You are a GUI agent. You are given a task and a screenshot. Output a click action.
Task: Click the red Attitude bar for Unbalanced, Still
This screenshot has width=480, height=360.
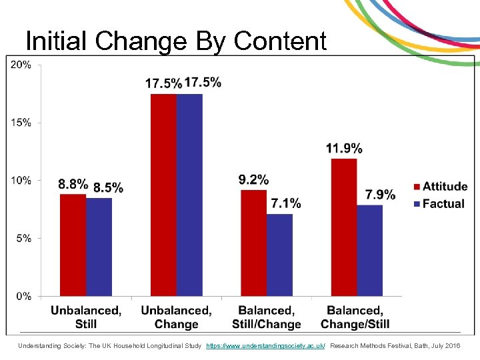pos(73,245)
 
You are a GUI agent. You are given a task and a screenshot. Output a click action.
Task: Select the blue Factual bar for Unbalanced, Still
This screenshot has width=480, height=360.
pos(99,247)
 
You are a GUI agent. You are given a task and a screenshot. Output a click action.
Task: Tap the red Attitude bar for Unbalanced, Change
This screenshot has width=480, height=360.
pos(163,195)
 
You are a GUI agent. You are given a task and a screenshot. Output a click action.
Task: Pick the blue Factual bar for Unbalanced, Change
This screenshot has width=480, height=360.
pos(189,195)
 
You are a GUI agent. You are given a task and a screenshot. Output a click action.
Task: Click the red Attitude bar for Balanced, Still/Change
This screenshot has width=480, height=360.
pos(253,243)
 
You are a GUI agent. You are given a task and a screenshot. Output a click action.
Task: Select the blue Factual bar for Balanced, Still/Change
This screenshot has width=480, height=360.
pos(279,255)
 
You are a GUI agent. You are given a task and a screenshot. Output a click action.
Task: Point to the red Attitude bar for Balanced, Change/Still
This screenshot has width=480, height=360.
pos(343,227)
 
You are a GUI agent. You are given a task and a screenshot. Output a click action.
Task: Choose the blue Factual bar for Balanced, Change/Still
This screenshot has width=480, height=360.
pos(369,250)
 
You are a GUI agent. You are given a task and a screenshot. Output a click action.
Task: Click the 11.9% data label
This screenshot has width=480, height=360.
pos(344,148)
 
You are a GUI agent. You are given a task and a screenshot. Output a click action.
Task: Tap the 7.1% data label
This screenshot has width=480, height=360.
pos(285,203)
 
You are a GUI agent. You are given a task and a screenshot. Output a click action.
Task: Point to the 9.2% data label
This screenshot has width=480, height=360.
pos(253,179)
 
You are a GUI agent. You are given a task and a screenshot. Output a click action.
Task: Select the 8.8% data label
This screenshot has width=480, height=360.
pos(73,183)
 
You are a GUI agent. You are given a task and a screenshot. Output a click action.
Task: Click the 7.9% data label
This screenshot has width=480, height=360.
pos(380,194)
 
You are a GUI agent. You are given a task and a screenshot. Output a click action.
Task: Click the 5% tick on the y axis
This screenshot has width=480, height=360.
pos(23,238)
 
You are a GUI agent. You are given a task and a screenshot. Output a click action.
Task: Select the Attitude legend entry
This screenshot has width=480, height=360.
pos(439,187)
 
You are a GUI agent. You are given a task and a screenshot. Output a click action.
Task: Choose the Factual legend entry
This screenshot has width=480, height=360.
pos(438,203)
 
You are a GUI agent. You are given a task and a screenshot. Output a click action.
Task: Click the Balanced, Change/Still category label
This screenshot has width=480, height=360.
pos(355,317)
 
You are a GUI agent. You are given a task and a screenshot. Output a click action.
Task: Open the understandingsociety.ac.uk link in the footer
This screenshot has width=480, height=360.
pos(265,346)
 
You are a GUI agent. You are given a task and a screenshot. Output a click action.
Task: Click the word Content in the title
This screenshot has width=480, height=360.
pos(280,41)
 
